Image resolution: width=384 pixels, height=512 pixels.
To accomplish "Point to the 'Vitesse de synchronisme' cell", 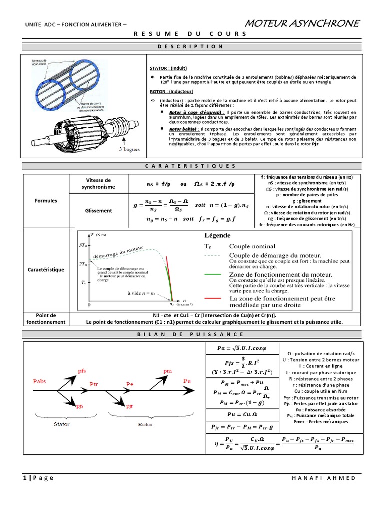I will coord(98,183).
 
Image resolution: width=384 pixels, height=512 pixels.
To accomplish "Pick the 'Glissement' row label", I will coord(98,211).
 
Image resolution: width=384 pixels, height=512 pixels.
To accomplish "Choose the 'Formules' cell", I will coord(46,201).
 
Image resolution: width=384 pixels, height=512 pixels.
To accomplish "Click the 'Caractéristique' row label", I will coord(46,270).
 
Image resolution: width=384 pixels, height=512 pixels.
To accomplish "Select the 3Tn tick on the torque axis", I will coord(83,246).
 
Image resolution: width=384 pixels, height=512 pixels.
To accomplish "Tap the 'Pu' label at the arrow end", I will coord(187,381).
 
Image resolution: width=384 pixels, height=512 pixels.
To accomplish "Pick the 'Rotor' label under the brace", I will coord(145,424).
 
